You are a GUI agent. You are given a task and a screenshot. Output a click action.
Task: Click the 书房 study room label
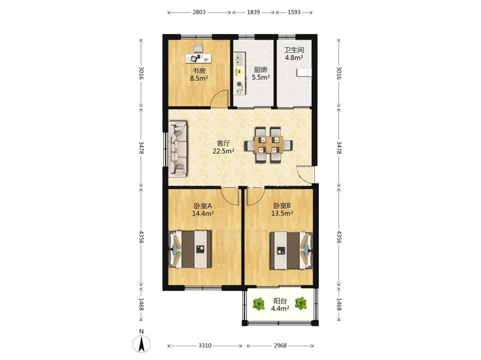pyautogui.click(x=199, y=71)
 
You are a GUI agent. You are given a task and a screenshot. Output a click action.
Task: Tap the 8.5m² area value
pyautogui.click(x=199, y=78)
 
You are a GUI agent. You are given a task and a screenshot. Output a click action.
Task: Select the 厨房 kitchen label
pyautogui.click(x=261, y=70)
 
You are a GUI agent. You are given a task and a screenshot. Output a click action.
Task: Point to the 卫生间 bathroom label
pyautogui.click(x=294, y=50)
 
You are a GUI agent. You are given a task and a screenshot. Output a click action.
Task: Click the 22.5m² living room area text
pyautogui.click(x=224, y=151)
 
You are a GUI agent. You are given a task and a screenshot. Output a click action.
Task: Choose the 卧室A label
pyautogui.click(x=203, y=206)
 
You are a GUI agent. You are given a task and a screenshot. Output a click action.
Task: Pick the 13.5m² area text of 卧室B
pyautogui.click(x=282, y=213)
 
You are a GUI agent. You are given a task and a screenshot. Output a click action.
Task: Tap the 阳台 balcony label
pyautogui.click(x=280, y=301)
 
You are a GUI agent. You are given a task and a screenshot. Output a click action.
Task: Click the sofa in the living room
pyautogui.click(x=178, y=149)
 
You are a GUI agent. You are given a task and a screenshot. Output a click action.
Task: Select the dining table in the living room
pyautogui.click(x=268, y=145)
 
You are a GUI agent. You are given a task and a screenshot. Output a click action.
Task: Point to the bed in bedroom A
pyautogui.click(x=191, y=249)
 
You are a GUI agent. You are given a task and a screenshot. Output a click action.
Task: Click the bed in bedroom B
pyautogui.click(x=291, y=251)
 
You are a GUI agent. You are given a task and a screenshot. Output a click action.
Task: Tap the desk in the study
pyautogui.click(x=199, y=57)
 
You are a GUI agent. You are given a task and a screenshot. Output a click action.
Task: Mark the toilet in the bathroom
pyautogui.click(x=304, y=73)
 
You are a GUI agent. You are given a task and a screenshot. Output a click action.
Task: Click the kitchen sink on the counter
pyautogui.click(x=239, y=59)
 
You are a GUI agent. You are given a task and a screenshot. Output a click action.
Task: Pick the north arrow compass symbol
pyautogui.click(x=141, y=341)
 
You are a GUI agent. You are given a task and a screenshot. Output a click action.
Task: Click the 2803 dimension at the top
pyautogui.click(x=199, y=12)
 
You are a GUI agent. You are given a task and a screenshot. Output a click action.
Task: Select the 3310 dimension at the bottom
pyautogui.click(x=204, y=345)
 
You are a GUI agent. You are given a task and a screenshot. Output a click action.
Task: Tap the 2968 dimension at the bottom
pyautogui.click(x=280, y=345)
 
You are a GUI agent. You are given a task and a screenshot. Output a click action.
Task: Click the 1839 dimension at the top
pyautogui.click(x=253, y=12)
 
